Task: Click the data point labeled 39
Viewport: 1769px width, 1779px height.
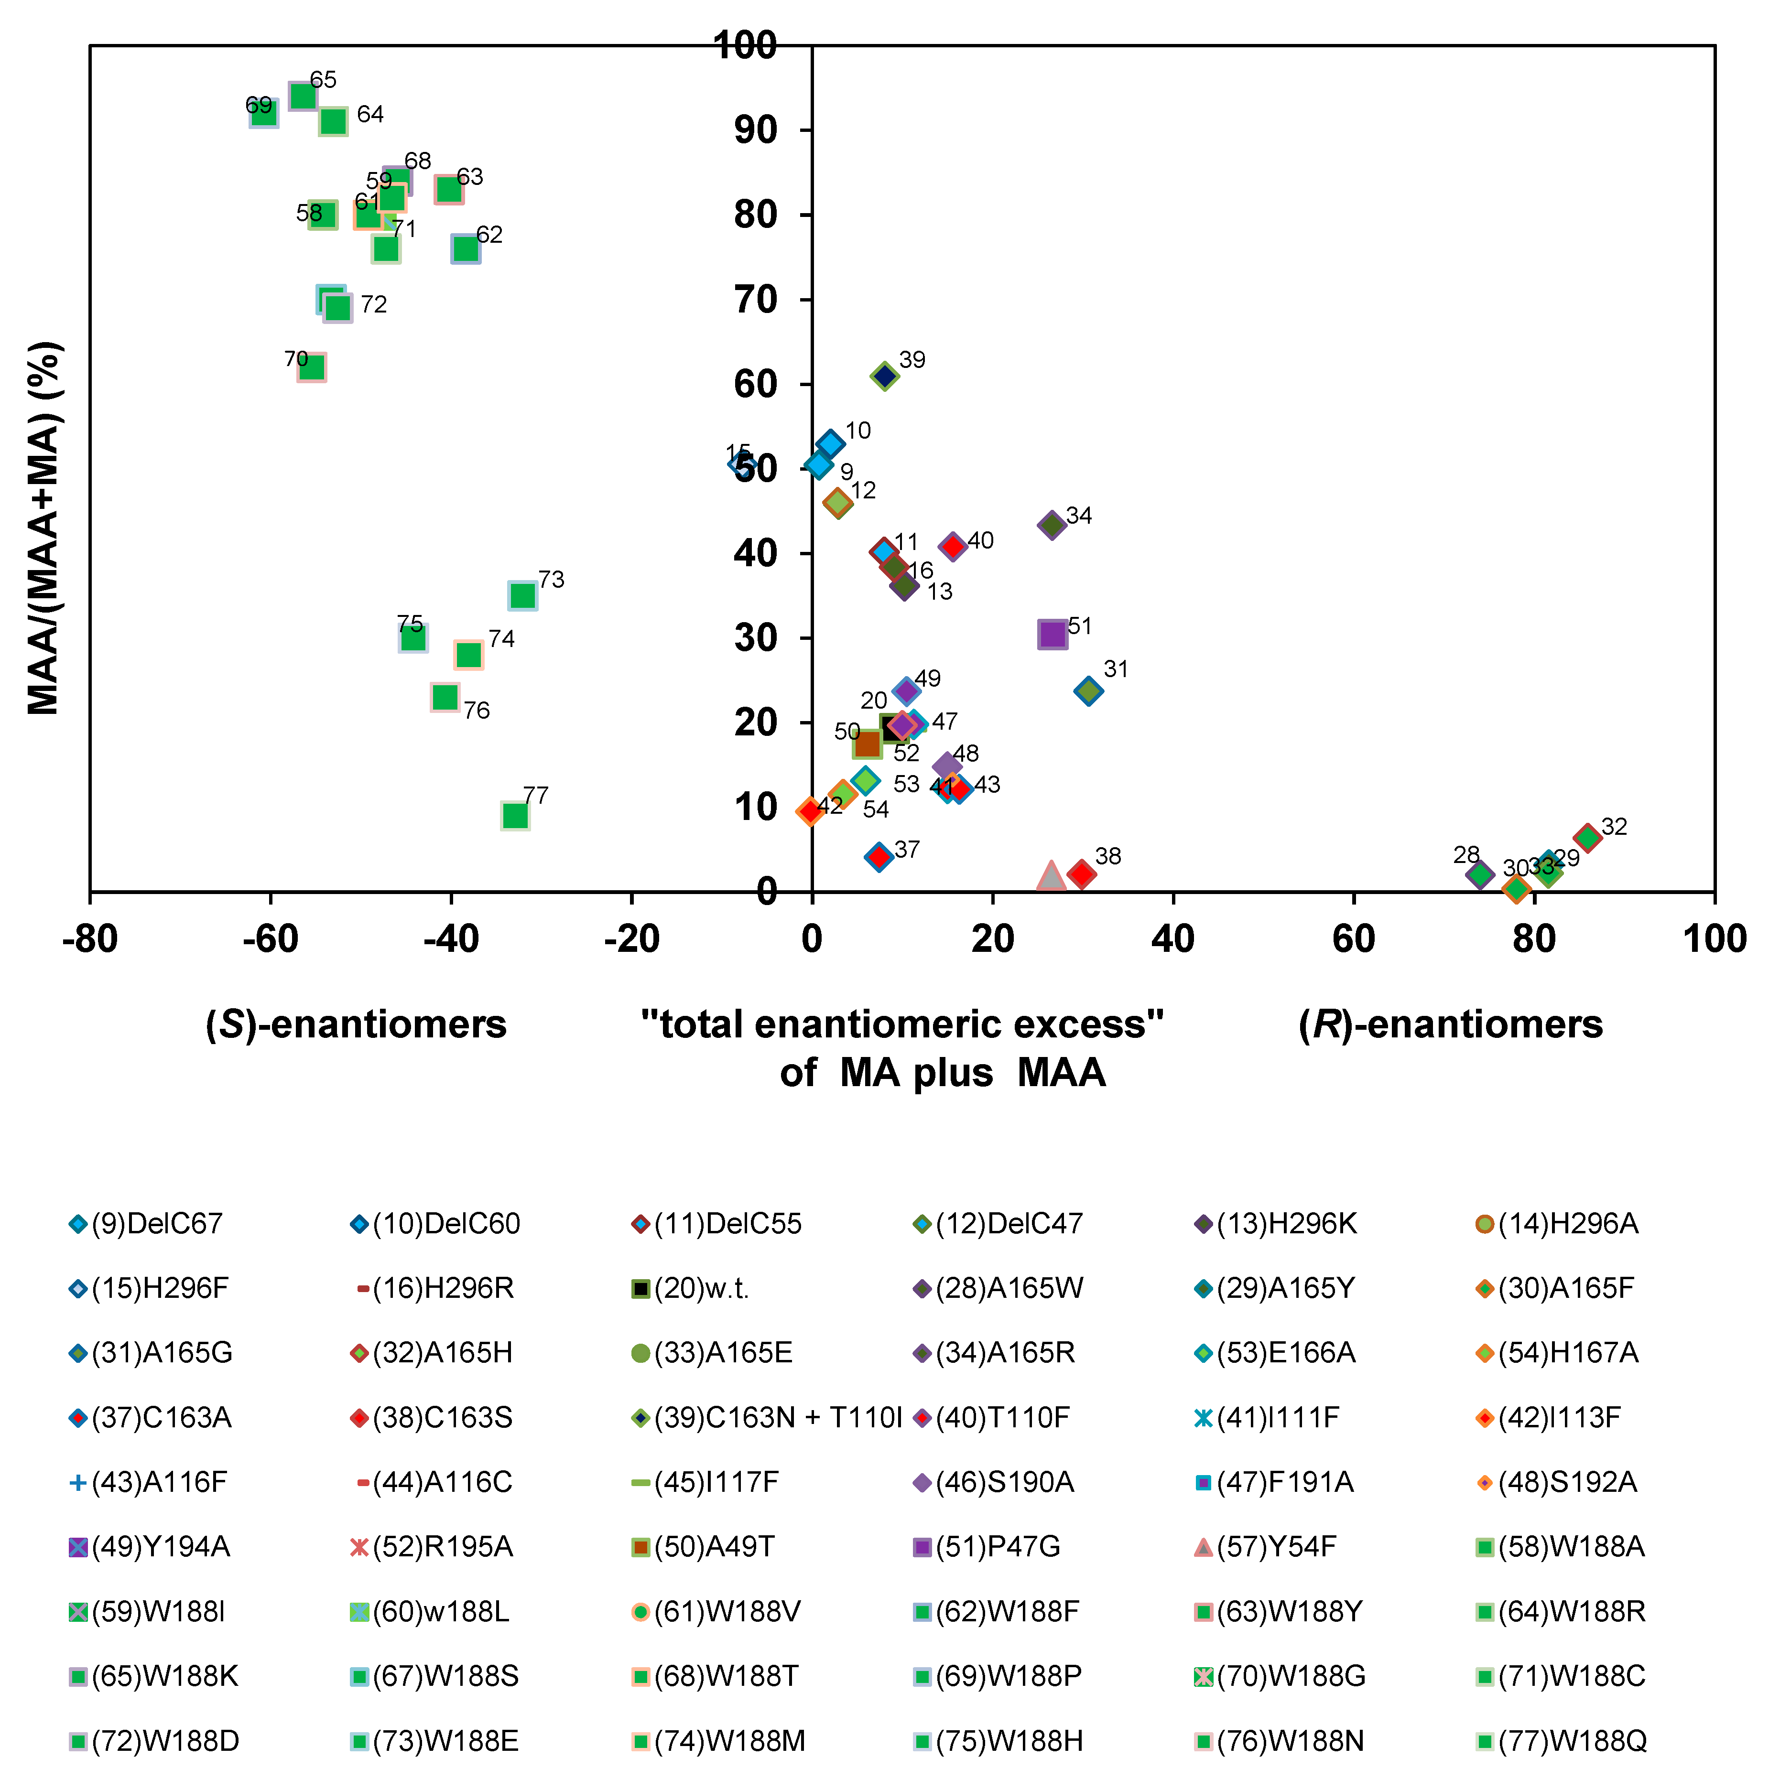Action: coord(884,376)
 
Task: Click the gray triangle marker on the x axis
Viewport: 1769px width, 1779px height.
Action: coord(1051,877)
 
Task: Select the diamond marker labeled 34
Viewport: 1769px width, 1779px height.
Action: coord(1052,526)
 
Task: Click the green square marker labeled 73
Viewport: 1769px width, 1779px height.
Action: coord(522,596)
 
